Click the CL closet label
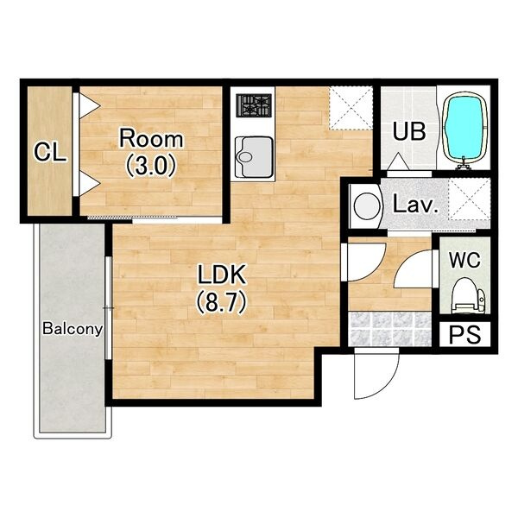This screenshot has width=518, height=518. click(x=50, y=152)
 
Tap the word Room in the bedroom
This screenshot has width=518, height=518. click(x=151, y=139)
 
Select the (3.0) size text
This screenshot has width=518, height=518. click(x=150, y=166)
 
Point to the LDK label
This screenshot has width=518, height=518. click(x=222, y=275)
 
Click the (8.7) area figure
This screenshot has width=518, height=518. click(x=222, y=302)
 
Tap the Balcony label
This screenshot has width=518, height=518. click(x=73, y=329)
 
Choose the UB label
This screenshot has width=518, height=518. click(x=408, y=131)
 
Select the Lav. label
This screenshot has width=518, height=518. click(x=415, y=205)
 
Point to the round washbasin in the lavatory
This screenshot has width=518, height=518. click(x=367, y=205)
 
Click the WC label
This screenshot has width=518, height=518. click(x=464, y=261)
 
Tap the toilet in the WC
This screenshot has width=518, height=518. click(x=468, y=295)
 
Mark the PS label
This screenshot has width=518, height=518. click(x=464, y=335)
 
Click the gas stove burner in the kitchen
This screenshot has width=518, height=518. click(x=254, y=105)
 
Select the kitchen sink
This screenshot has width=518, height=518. click(x=254, y=157)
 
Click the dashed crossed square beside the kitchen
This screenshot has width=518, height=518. click(x=351, y=108)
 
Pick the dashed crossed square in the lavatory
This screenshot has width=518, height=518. click(x=469, y=199)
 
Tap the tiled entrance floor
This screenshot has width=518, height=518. click(x=390, y=329)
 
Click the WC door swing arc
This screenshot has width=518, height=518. click(x=413, y=269)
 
